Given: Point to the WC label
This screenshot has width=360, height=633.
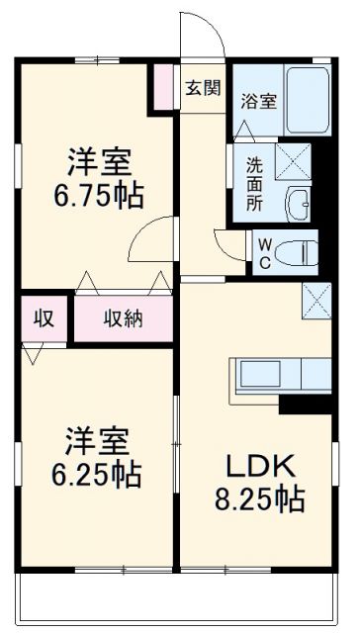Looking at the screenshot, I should click(264, 251).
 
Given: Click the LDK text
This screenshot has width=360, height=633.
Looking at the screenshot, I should click(260, 466).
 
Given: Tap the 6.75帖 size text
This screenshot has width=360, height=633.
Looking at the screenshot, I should click(99, 194).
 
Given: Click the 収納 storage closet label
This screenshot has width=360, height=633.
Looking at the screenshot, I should click(125, 318).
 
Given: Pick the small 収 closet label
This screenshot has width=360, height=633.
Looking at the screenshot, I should click(44, 318).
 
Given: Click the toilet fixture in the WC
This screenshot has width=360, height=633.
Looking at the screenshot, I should click(298, 251).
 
